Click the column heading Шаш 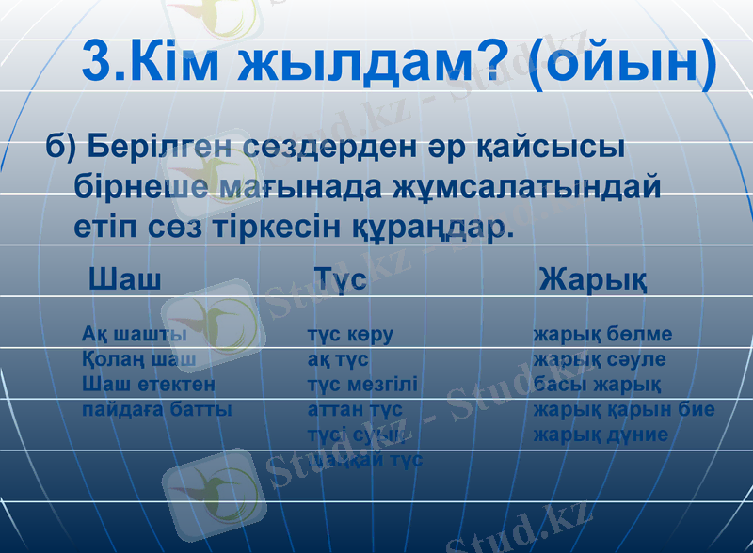pyautogui.click(x=124, y=279)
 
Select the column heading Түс pyautogui.click(x=340, y=279)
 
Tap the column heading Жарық pyautogui.click(x=593, y=280)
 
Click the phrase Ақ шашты pyautogui.click(x=134, y=335)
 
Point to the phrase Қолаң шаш pyautogui.click(x=138, y=359)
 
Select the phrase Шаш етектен pyautogui.click(x=148, y=385)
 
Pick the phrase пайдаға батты pyautogui.click(x=156, y=410)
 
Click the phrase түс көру pyautogui.click(x=350, y=335)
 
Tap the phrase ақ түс pyautogui.click(x=338, y=359)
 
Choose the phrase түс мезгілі pyautogui.click(x=362, y=385)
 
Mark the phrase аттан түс pyautogui.click(x=355, y=410)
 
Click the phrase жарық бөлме pyautogui.click(x=602, y=335)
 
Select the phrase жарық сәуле pyautogui.click(x=600, y=359)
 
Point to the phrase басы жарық pyautogui.click(x=597, y=385)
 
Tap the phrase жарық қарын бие pyautogui.click(x=624, y=410)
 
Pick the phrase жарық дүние pyautogui.click(x=601, y=434)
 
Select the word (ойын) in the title pyautogui.click(x=622, y=62)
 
